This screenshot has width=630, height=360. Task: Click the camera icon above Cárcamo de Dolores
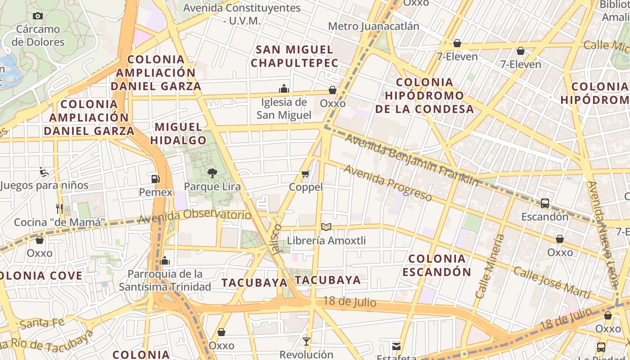coord(38,16)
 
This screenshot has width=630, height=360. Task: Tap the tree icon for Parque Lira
coord(212,173)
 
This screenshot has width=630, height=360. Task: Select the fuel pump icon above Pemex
coord(156,179)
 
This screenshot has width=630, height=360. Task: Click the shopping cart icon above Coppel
coord(306,174)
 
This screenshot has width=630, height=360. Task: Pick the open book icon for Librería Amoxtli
coord(326,227)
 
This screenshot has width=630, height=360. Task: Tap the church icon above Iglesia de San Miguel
coord(284,88)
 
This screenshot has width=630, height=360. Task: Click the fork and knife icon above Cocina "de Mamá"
coord(59,209)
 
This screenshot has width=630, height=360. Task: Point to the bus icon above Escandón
coord(544,203)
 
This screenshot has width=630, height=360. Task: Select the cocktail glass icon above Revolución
coord(306,341)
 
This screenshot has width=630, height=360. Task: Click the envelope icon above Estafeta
coord(396,346)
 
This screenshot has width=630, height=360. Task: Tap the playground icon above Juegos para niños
coord(44,171)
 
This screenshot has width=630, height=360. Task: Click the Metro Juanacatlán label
coord(373,26)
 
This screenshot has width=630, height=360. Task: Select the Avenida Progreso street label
coord(388,183)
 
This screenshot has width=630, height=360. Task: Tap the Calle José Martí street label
coord(552,283)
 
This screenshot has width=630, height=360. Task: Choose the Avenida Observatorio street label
coord(194,216)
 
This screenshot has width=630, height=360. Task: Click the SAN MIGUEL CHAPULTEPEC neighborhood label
coord(294,56)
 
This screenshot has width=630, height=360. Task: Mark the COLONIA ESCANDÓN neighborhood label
coord(436,265)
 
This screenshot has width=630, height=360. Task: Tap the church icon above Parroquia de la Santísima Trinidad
coord(165,261)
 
